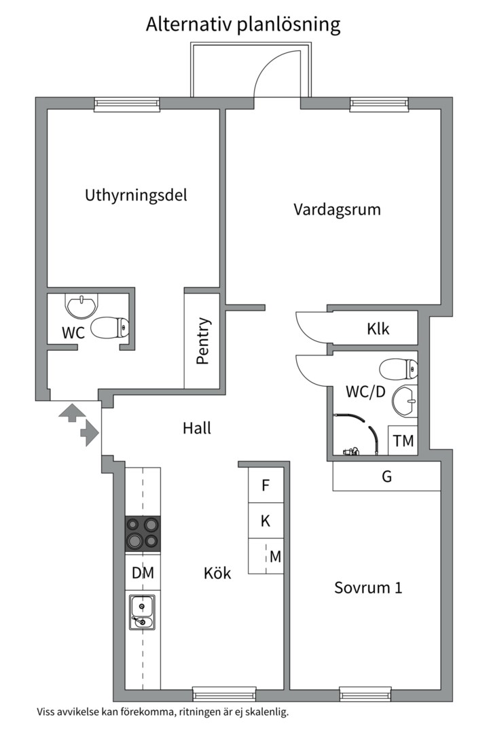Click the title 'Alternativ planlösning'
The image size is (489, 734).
click(243, 25)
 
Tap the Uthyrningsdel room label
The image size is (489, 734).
click(136, 195)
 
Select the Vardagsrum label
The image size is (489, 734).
click(337, 209)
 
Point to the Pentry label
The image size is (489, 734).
click(202, 341)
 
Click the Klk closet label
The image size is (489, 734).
click(378, 329)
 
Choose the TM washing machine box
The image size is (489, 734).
click(403, 440)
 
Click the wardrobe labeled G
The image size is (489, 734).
click(386, 476)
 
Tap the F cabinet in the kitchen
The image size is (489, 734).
click(266, 485)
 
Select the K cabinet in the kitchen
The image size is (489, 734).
click(266, 521)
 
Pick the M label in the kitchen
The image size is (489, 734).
click(275, 557)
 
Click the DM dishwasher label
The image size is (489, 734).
click(143, 573)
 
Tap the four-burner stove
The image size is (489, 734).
click(143, 534)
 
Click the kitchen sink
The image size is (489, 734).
click(142, 612)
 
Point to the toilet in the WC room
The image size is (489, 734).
click(111, 328)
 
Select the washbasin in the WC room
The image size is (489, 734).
click(82, 305)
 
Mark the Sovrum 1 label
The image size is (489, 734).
click(368, 587)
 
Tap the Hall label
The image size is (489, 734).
click(197, 428)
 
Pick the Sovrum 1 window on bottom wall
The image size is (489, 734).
click(365, 694)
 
